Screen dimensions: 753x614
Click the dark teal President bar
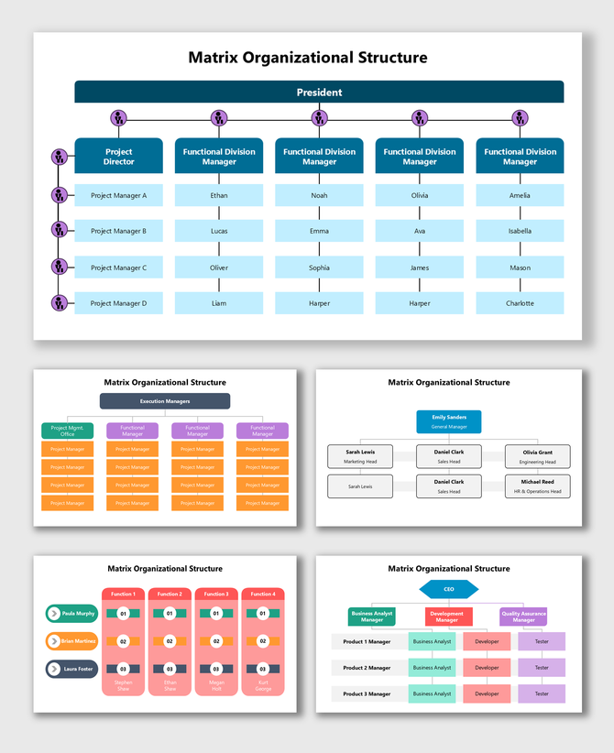(x=319, y=92)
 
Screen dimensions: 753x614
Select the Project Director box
(x=118, y=157)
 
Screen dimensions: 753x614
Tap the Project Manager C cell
(x=118, y=267)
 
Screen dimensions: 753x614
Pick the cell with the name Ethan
(x=218, y=195)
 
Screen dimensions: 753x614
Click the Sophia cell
(x=319, y=267)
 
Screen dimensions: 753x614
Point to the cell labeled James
(x=419, y=267)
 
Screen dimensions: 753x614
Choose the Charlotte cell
(x=520, y=303)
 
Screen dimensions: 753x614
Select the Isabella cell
(x=520, y=231)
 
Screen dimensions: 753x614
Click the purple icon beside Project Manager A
(x=60, y=195)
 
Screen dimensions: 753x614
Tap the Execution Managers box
(x=165, y=401)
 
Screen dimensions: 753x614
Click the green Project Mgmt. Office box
(x=67, y=431)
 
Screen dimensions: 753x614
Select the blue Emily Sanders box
(x=449, y=421)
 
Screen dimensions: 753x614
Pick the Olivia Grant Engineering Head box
(x=537, y=456)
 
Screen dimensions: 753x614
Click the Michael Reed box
(x=537, y=486)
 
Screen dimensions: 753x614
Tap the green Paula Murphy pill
(x=72, y=614)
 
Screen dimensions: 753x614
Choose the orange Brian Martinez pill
(x=72, y=641)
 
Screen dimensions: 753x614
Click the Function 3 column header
(x=216, y=595)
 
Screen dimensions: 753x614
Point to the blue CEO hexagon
(x=449, y=589)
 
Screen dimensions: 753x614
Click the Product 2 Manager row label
(x=367, y=668)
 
